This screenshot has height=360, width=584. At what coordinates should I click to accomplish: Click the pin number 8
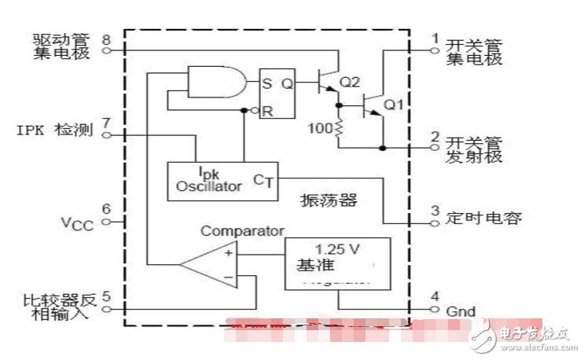[x=106, y=39]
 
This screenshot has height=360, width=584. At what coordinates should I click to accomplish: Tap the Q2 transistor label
[x=350, y=83]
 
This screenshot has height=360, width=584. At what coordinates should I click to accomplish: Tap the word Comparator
[x=241, y=231]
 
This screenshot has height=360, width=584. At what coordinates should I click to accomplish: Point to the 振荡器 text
[x=329, y=200]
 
